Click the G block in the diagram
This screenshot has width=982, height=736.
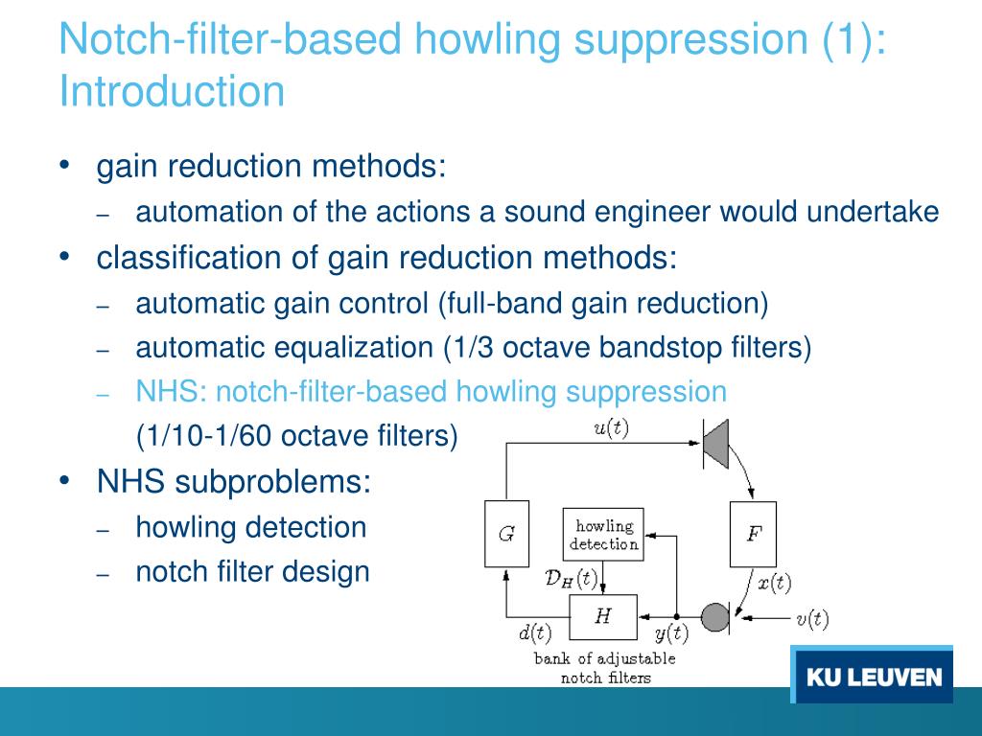(x=505, y=534)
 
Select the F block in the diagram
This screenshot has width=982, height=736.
(x=753, y=534)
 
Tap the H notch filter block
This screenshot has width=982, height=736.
(x=602, y=616)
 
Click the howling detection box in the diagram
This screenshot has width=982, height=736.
(x=602, y=534)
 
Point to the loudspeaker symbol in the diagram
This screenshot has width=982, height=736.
(x=714, y=443)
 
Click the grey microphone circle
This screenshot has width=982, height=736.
(x=715, y=616)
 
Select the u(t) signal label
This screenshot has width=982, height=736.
(x=611, y=428)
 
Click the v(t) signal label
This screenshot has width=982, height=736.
(x=811, y=618)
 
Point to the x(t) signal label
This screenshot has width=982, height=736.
(x=774, y=582)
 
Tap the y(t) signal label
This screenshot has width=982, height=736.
(x=671, y=632)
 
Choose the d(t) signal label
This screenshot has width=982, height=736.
(x=535, y=632)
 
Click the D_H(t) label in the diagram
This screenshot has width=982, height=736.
(x=570, y=578)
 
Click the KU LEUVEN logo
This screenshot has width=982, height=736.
(x=873, y=677)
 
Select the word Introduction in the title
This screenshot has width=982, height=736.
(x=172, y=92)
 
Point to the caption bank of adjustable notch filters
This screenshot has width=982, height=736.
(x=604, y=668)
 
